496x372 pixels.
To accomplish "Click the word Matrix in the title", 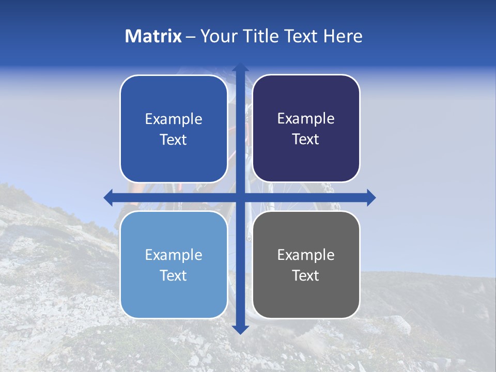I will tap(153, 36).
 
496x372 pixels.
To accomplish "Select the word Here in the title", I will tap(343, 36).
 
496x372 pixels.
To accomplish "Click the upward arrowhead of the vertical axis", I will tap(240, 68).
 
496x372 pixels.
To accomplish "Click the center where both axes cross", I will tap(240, 197).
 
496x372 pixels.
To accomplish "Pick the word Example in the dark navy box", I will tap(306, 119).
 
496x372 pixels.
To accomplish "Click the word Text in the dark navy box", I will tap(306, 139).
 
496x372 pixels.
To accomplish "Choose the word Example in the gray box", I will tap(306, 255).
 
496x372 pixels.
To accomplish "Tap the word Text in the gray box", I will tap(306, 275).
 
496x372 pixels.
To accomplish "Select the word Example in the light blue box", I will tap(174, 255).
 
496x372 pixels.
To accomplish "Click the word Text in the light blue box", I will tap(174, 275).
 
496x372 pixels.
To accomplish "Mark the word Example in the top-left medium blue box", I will tap(174, 119).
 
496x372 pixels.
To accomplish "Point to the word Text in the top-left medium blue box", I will tap(174, 140).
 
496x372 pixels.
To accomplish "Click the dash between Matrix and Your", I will tap(191, 37).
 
